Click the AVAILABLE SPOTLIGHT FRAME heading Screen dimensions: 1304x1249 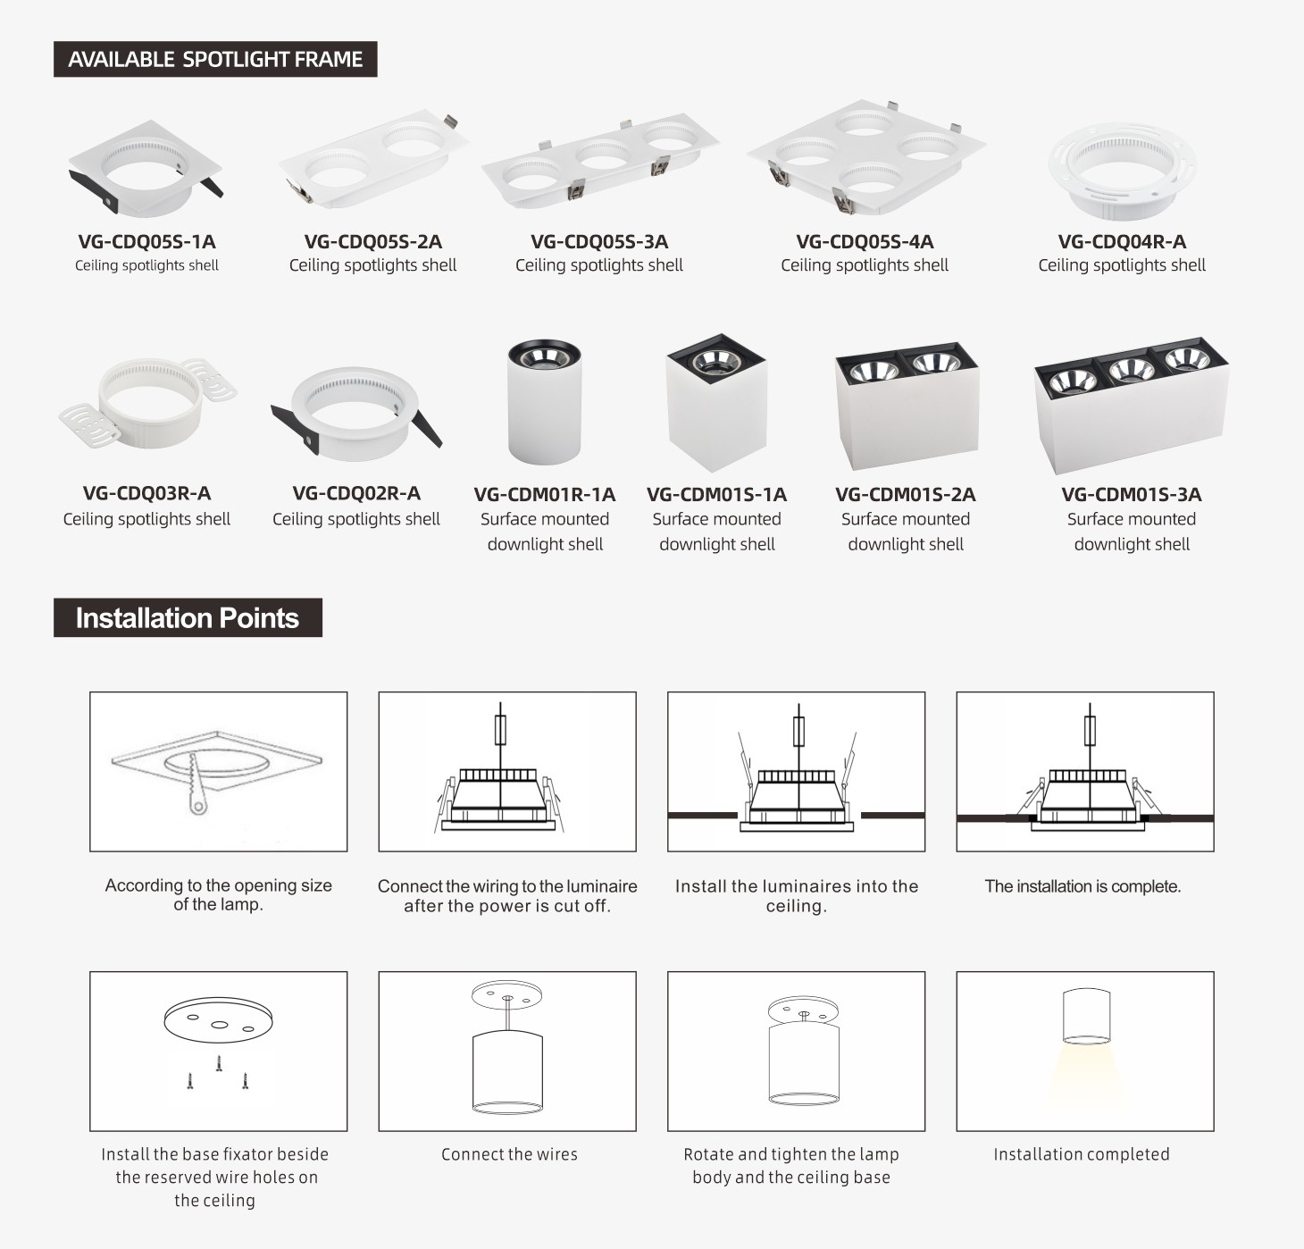click(215, 59)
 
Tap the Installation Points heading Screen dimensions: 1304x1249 click(187, 617)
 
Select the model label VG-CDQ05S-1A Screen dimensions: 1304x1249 click(146, 241)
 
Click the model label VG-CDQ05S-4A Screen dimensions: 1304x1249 click(865, 241)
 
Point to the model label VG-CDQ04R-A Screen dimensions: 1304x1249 click(1122, 241)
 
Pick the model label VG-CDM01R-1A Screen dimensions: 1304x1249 click(544, 494)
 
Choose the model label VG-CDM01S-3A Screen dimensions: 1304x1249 click(1131, 494)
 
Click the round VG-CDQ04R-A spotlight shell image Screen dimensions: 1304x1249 click(1122, 171)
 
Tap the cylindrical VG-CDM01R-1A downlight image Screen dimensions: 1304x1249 click(544, 401)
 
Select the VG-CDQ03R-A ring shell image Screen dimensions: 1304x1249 click(147, 406)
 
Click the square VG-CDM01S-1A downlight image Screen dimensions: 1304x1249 click(715, 402)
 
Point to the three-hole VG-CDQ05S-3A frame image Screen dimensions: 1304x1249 click(599, 163)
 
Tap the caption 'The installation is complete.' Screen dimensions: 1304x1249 click(1082, 886)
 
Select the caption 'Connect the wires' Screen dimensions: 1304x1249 click(509, 1154)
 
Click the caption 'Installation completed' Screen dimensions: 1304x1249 click(1082, 1154)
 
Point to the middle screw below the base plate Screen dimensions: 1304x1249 click(219, 1064)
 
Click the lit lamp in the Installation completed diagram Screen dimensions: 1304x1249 click(1086, 1016)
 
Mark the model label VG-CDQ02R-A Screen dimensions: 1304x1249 click(356, 493)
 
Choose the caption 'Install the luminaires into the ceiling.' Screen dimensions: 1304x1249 click(796, 896)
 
